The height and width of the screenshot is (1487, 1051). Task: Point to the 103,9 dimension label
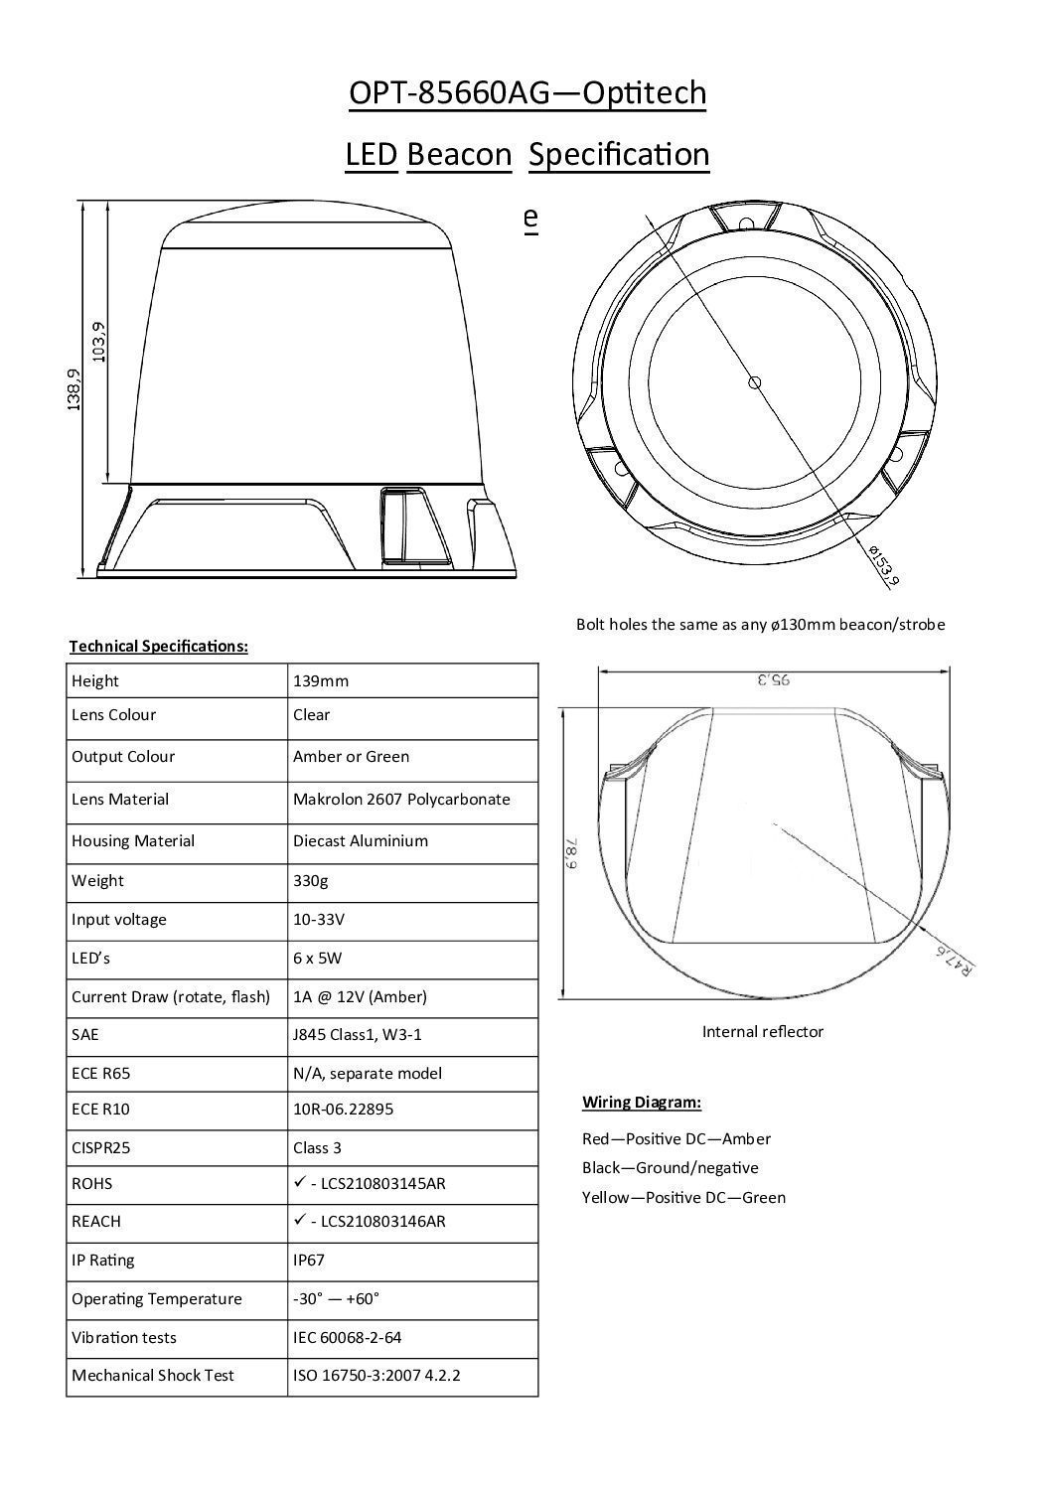tap(97, 341)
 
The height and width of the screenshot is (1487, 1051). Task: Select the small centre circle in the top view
tap(754, 381)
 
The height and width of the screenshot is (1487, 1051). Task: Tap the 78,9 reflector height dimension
tap(573, 852)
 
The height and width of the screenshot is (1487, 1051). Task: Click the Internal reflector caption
tap(762, 1031)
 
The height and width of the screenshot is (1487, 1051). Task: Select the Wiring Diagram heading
tap(641, 1102)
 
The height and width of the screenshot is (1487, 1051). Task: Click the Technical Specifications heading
tap(158, 646)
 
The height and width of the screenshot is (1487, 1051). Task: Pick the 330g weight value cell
tap(311, 880)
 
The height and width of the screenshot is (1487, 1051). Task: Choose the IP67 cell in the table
tap(309, 1260)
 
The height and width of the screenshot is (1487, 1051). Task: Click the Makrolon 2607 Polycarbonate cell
tap(401, 799)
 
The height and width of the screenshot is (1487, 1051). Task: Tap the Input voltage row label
tap(118, 919)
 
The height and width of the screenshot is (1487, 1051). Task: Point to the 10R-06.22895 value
tap(343, 1109)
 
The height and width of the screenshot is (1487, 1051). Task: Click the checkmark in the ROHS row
tap(298, 1183)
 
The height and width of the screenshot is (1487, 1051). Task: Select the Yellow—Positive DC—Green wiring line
tap(683, 1197)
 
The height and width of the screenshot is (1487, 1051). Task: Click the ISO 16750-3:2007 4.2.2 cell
tap(376, 1375)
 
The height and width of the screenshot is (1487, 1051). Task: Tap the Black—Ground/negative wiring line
tap(670, 1167)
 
